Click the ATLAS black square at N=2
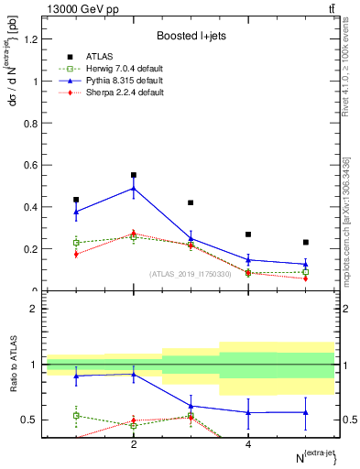134,175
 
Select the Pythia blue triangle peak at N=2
134,189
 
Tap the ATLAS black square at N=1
76,200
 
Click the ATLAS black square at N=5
306,243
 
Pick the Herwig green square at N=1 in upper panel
76,243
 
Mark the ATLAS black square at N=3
191,202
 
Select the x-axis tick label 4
248,445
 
